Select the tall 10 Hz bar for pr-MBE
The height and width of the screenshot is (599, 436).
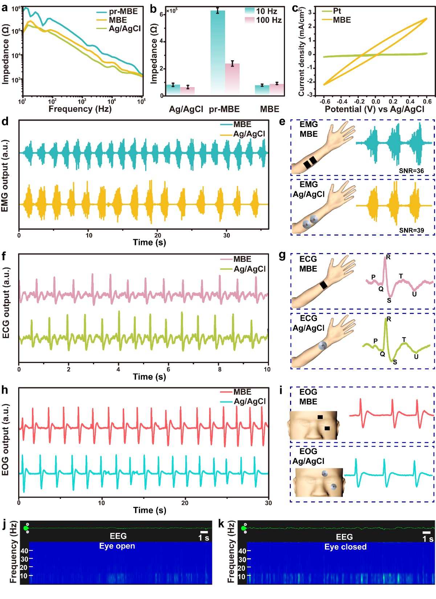coord(217,53)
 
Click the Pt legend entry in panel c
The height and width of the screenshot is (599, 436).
coord(337,11)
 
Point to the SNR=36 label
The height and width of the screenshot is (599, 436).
coord(411,171)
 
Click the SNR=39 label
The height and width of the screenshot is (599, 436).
coord(411,230)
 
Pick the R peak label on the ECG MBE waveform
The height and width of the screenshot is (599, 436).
coord(388,257)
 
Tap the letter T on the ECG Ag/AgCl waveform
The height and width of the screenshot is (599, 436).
coord(404,340)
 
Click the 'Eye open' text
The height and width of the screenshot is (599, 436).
coord(117,546)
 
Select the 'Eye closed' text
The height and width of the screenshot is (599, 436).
coord(345,547)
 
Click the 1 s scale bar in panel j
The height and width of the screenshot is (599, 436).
coord(204,532)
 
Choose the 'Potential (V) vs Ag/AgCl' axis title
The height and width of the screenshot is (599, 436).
coord(374,109)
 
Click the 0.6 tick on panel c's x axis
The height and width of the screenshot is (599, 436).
coord(428,102)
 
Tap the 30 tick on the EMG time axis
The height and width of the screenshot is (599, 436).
coord(227,235)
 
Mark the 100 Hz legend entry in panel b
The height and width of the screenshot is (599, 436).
coord(269,20)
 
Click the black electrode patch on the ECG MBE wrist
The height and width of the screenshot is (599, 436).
coord(324,285)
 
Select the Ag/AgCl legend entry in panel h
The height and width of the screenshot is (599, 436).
coord(249,401)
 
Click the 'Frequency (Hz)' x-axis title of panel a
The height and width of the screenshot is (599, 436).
coord(80,109)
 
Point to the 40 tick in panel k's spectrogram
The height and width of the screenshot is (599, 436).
coord(242,551)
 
